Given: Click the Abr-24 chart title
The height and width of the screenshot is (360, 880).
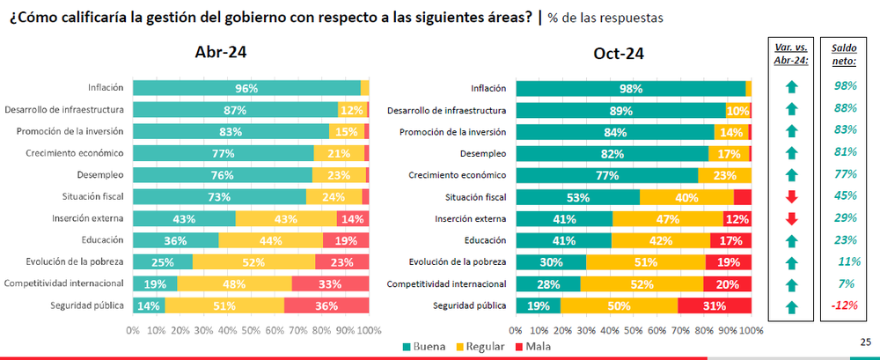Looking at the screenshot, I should tap(220, 52).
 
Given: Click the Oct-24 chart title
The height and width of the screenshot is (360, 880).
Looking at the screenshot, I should tap(619, 53).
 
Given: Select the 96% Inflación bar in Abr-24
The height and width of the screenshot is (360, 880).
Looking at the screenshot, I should tap(246, 88).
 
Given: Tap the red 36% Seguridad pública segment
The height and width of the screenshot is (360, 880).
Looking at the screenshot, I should tap(326, 305).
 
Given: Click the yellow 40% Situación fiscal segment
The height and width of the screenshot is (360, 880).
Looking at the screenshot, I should tap(686, 197).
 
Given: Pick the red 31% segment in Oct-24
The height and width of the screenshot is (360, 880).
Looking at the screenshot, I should tap(714, 305).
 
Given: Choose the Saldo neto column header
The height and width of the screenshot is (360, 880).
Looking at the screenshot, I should tap(843, 55).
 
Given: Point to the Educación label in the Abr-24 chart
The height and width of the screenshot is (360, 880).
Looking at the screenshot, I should tap(105, 240).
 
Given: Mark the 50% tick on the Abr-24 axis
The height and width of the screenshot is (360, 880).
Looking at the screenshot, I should tap(251, 330).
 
